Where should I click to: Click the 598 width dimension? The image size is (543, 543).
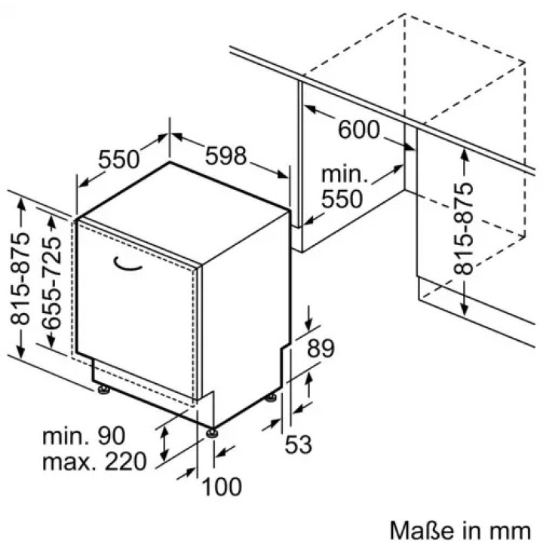point(225,156)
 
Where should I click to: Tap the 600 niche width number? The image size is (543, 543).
point(359,130)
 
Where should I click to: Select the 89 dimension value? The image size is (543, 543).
point(321,348)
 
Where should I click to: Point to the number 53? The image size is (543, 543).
point(298,444)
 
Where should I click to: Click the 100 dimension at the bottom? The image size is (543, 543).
point(222,486)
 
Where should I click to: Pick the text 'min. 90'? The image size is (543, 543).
point(84,436)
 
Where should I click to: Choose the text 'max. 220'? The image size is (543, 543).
point(94,462)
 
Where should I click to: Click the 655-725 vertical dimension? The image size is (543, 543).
point(51,283)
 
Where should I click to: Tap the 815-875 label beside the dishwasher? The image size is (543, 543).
point(20,279)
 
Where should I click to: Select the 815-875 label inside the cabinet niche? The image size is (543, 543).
point(463,229)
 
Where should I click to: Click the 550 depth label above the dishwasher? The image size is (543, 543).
point(119,160)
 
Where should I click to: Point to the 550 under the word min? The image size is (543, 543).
point(342,199)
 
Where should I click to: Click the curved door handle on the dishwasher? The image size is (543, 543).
point(127,263)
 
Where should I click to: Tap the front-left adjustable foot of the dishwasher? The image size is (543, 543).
point(103,390)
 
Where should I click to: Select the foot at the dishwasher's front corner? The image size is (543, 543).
point(212,433)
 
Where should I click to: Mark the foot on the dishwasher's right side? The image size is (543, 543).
point(271,397)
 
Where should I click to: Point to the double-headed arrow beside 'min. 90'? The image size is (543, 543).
point(165,443)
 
